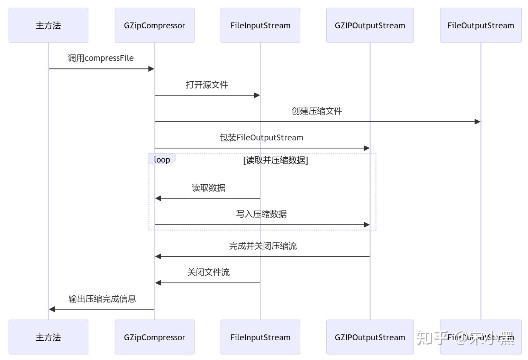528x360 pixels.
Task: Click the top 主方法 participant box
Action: pos(48,25)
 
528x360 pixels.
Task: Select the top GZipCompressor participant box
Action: pos(154,25)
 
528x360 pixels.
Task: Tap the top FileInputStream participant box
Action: pos(260,25)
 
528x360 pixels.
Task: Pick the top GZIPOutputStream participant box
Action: pos(370,25)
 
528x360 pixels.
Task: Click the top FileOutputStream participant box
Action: pos(481,25)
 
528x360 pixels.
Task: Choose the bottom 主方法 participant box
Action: pos(48,337)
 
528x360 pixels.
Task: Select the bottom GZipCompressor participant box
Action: pos(154,337)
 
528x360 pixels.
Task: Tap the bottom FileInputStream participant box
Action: pos(260,337)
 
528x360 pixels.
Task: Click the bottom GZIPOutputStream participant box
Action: pos(370,337)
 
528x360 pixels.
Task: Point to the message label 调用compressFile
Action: pos(101,58)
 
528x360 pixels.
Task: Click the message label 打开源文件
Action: pos(207,85)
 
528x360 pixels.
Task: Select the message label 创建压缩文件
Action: pos(317,111)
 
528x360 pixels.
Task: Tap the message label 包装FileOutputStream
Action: pos(262,138)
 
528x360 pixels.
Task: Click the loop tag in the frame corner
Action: pos(162,159)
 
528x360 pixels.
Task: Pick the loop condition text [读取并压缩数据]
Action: pos(275,160)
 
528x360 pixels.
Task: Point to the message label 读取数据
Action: pos(209,188)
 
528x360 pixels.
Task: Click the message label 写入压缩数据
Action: pos(262,214)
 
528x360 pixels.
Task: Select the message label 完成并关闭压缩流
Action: pos(263,246)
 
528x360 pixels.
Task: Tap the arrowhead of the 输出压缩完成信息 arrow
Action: pos(52,309)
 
